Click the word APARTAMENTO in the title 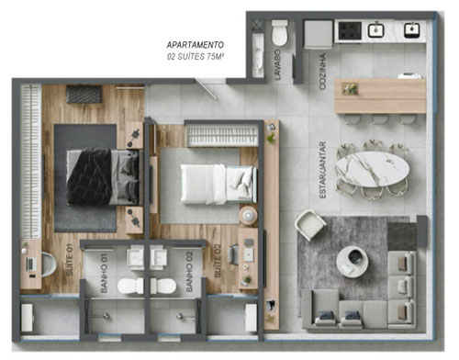[x=195, y=44]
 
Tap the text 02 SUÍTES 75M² [x=195, y=56]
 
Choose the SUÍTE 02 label [x=218, y=264]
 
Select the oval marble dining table [x=372, y=169]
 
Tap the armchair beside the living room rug [x=309, y=224]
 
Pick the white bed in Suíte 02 [x=209, y=181]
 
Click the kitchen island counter [x=379, y=96]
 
